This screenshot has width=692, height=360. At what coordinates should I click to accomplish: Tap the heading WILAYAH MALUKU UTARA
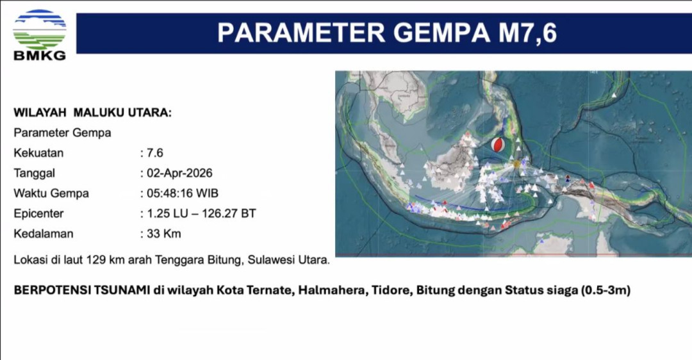(92, 113)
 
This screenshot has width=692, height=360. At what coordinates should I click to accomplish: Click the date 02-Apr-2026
(179, 173)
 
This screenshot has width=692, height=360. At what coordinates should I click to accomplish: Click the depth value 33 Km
(163, 234)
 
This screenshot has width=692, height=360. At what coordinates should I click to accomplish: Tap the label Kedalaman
(44, 234)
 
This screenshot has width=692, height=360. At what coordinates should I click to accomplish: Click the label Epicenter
(38, 213)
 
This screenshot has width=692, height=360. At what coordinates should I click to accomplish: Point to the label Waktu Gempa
(51, 193)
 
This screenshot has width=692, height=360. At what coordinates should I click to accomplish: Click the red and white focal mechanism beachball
(496, 146)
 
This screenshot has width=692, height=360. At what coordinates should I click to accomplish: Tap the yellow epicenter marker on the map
(516, 165)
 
